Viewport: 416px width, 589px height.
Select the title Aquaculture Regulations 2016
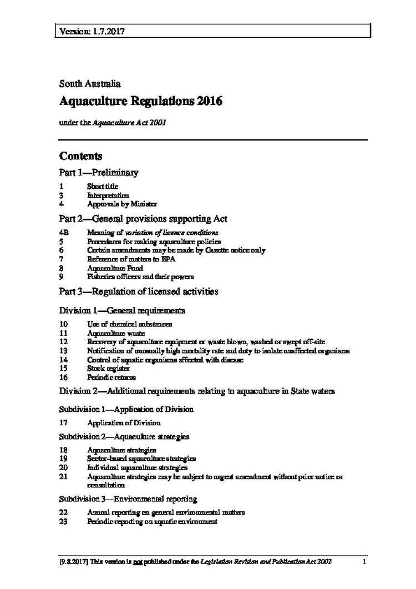(x=141, y=102)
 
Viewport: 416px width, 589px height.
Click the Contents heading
(x=80, y=156)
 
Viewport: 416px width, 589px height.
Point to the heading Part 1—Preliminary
(x=99, y=173)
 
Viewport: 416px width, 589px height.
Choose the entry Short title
(x=103, y=187)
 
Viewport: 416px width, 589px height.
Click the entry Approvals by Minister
(x=118, y=204)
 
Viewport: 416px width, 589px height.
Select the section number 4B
(x=64, y=233)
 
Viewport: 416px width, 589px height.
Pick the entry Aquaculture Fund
(x=111, y=268)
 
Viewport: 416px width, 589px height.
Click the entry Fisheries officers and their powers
(x=140, y=276)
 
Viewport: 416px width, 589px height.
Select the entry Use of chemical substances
(x=129, y=324)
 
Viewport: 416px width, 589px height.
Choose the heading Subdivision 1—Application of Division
(x=126, y=410)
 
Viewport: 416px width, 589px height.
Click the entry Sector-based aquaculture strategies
(x=141, y=459)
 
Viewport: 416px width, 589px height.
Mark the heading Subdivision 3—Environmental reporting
(x=129, y=499)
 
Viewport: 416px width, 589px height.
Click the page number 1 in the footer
(x=365, y=562)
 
